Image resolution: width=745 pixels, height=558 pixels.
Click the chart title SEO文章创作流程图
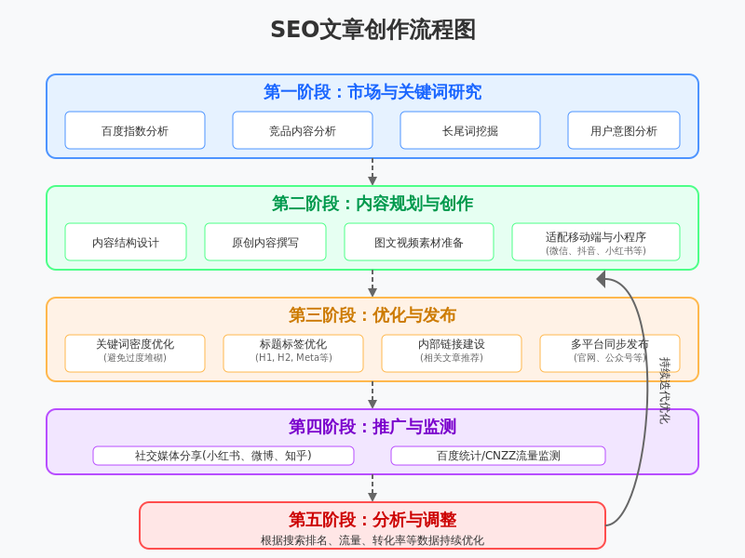[x=372, y=30]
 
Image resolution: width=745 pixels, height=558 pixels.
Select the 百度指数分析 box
[x=135, y=130]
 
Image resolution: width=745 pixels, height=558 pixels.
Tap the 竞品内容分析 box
[x=303, y=130]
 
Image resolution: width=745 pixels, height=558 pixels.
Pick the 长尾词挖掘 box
[x=470, y=130]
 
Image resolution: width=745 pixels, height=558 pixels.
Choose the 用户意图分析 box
[x=624, y=130]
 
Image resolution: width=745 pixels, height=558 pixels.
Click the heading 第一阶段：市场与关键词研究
[x=372, y=92]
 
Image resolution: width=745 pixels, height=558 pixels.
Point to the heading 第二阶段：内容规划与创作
[x=372, y=204]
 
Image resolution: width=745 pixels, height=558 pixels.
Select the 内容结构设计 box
[x=126, y=242]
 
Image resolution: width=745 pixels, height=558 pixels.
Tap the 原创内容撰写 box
[x=265, y=242]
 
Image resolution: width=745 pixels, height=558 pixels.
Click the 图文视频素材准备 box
[x=419, y=242]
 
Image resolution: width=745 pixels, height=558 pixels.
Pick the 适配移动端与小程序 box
[x=596, y=242]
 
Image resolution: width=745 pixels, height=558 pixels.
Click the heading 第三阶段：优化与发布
[x=372, y=315]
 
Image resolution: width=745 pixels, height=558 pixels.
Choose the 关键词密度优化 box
[x=135, y=353]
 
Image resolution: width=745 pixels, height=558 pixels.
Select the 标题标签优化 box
[x=293, y=353]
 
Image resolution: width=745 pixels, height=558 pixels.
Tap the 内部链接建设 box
[x=452, y=353]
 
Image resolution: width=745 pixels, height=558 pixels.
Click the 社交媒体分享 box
[x=223, y=456]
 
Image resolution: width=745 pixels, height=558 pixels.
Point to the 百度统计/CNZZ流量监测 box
[x=498, y=456]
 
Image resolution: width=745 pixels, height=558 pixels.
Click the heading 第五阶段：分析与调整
[x=372, y=520]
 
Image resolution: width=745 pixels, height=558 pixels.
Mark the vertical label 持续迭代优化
[x=664, y=391]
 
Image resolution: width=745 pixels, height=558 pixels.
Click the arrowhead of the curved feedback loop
[x=601, y=279]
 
